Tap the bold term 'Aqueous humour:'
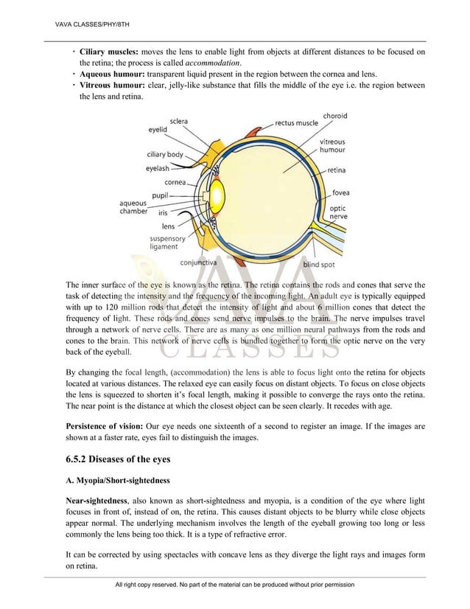click(113, 74)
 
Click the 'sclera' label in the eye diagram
click(179, 121)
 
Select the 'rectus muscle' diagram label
click(296, 123)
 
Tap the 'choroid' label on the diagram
click(336, 116)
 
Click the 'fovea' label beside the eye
click(340, 193)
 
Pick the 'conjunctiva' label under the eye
click(198, 262)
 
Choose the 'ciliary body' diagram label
click(165, 154)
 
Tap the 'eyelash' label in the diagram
click(158, 168)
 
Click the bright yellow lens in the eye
click(217, 195)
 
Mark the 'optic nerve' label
click(338, 213)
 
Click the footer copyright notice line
click(235, 584)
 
